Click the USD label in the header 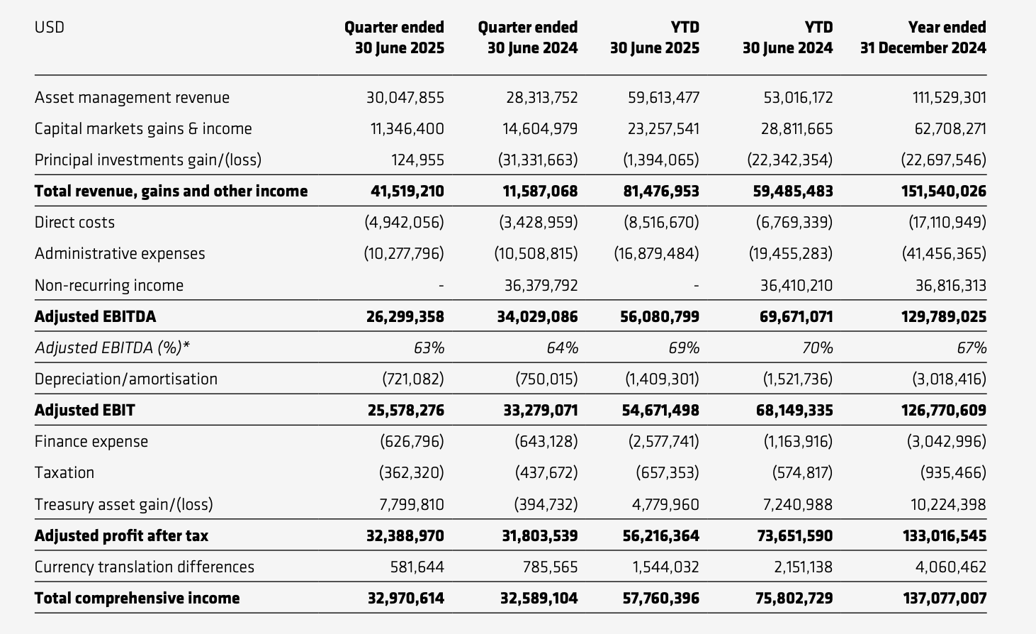(50, 28)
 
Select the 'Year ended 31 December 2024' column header (923, 38)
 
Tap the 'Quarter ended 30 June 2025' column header (395, 38)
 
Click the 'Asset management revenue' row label (132, 98)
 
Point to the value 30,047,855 (405, 98)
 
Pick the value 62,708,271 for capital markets (949, 129)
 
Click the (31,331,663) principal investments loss (538, 160)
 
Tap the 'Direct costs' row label (74, 223)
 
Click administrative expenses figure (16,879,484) (656, 254)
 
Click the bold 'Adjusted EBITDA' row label (95, 317)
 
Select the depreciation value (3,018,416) (949, 379)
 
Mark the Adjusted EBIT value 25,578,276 (405, 411)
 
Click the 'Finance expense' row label (91, 442)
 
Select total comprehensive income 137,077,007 (945, 599)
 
